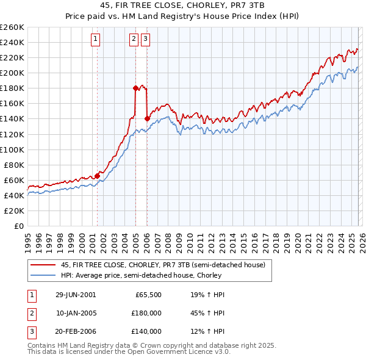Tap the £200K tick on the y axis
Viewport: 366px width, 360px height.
(x=12, y=73)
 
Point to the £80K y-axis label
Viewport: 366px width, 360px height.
(x=14, y=165)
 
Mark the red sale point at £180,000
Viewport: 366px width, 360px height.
(x=135, y=88)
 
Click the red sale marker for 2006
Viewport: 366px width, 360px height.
(x=148, y=118)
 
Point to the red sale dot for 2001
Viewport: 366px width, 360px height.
(x=98, y=176)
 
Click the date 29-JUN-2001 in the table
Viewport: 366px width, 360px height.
(x=76, y=295)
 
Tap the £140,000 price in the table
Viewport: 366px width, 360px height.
(x=146, y=331)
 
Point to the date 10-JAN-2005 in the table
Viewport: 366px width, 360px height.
(x=76, y=313)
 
